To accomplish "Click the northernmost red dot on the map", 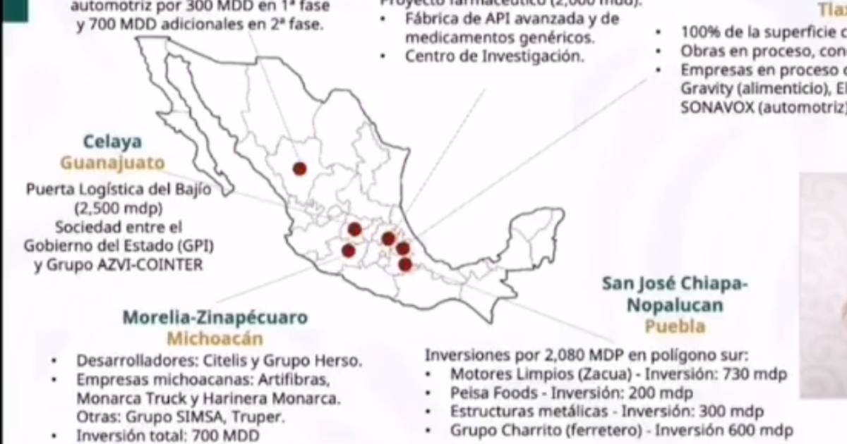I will coord(300,168).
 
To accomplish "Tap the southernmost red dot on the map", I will coord(405,264).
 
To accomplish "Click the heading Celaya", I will coord(112,142).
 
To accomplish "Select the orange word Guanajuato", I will coord(112,164).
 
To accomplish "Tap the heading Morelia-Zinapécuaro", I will coord(215,317).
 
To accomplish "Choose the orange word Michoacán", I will coord(215,338).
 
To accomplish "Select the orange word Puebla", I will coord(675,326).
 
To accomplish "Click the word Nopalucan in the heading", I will coord(675,305).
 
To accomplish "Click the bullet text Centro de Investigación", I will coord(495,56).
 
